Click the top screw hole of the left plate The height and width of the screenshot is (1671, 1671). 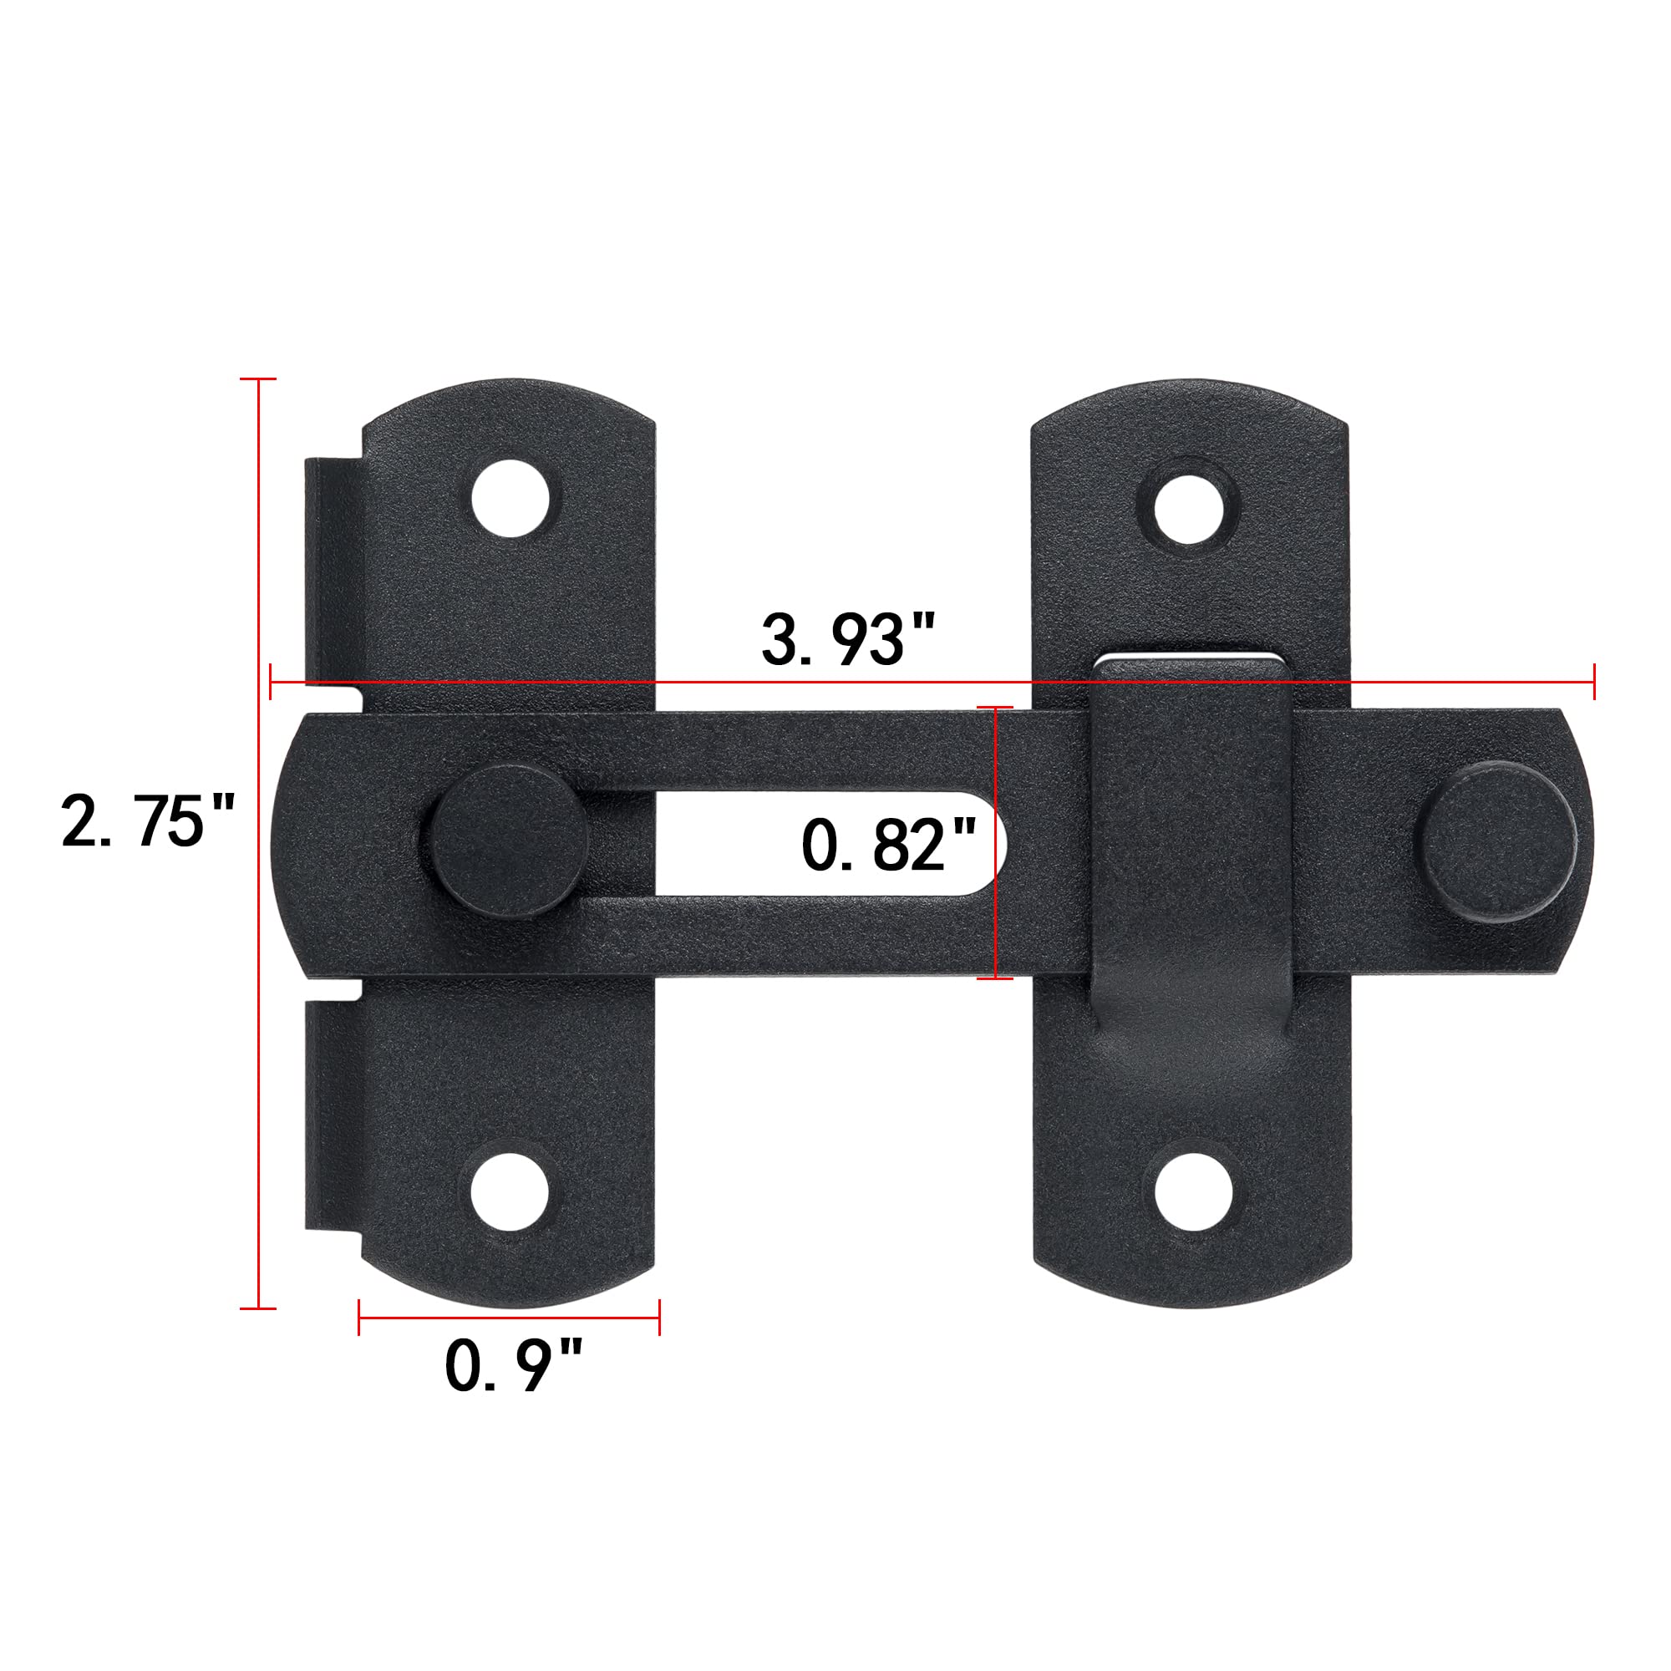[511, 499]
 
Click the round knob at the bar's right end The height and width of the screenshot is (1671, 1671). [1496, 842]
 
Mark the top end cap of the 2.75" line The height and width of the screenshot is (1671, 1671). [257, 378]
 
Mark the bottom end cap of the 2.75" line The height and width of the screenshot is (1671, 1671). [257, 1308]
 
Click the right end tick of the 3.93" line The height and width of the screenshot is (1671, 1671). [1594, 682]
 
